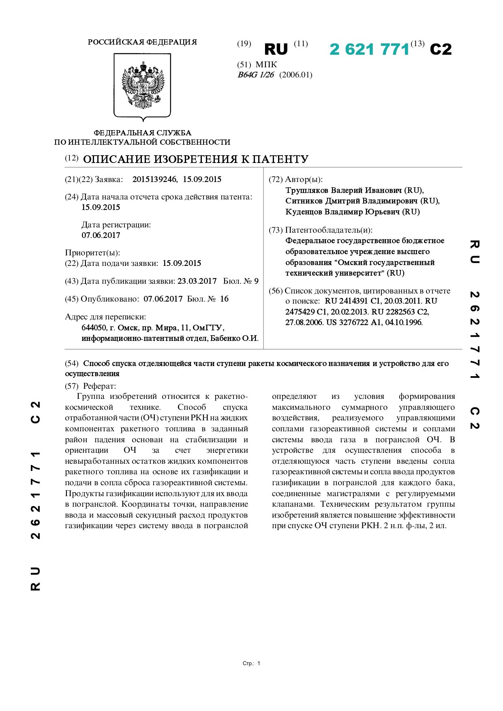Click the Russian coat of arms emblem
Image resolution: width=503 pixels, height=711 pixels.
coord(143,86)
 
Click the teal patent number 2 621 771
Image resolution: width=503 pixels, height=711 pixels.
coord(369,49)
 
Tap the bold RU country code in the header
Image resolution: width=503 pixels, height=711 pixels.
coord(276,49)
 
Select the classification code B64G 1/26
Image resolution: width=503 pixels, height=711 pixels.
coord(256,75)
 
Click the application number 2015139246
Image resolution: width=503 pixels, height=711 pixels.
coord(154,180)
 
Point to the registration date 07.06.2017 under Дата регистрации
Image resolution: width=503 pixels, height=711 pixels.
coord(101,236)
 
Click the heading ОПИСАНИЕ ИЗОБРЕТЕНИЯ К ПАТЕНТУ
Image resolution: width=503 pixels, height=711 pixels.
coord(196,159)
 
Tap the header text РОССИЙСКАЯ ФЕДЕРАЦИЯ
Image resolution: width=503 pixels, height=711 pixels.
coord(142,42)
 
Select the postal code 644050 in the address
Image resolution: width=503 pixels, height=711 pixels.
coord(94,328)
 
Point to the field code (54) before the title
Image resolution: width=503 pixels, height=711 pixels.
coord(72,364)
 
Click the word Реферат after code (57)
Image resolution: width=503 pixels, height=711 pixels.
coord(99,386)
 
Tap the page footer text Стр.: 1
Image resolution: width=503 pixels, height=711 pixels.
coord(251,664)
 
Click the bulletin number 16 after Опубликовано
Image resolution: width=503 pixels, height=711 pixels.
coord(224,299)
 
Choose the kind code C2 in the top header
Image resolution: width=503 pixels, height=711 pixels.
coord(441,49)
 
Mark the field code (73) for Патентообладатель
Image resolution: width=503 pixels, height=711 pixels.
coord(276,230)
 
